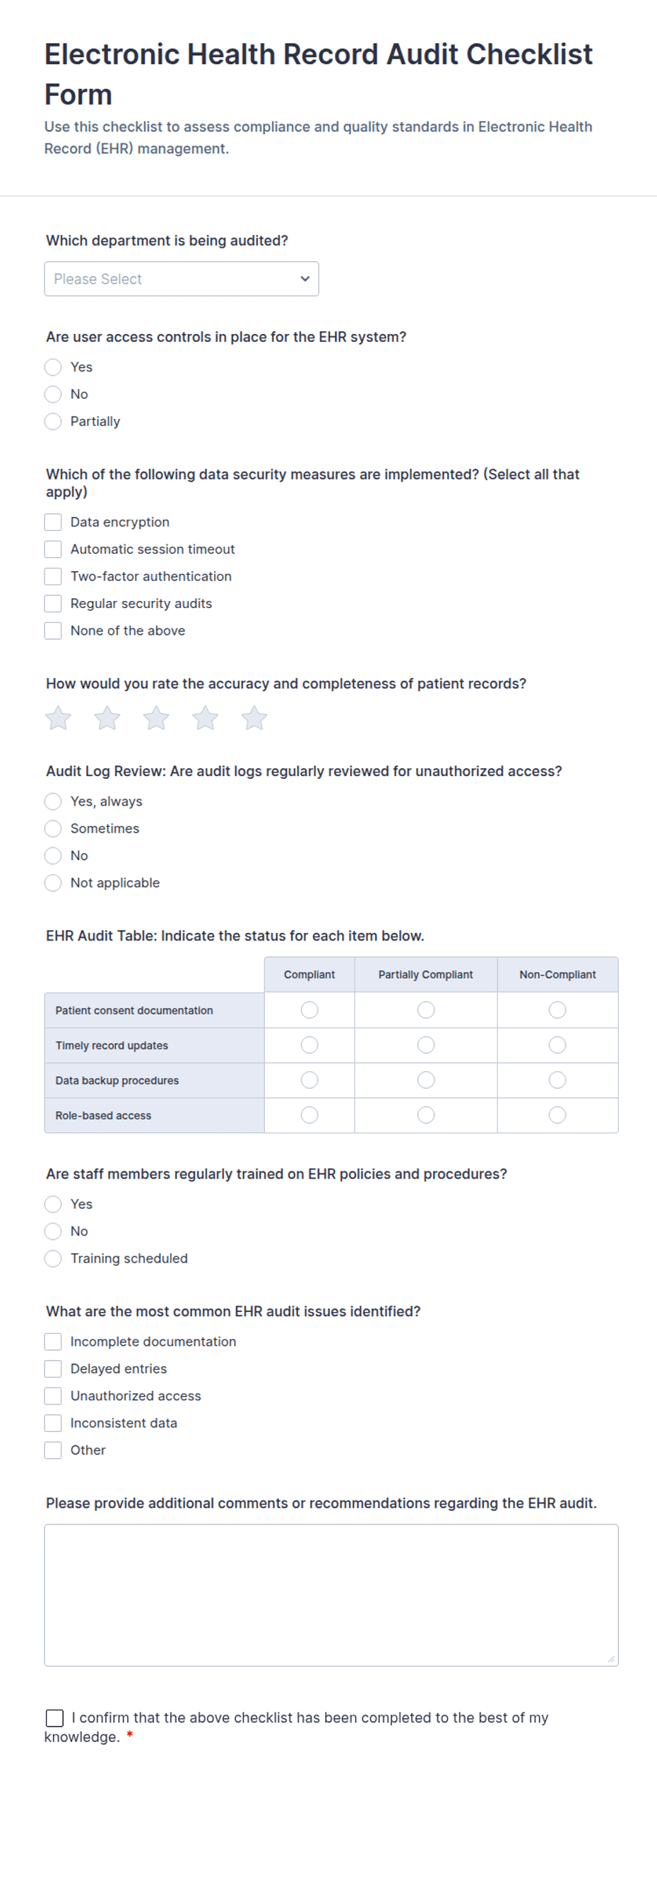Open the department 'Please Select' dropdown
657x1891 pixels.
(x=182, y=279)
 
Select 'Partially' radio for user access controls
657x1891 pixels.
(x=53, y=422)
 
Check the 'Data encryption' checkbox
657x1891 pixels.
(x=53, y=522)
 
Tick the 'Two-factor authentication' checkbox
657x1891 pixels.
(x=53, y=576)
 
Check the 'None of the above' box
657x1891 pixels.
(x=53, y=631)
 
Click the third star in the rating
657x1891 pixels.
(x=156, y=718)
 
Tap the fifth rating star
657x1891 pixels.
(x=254, y=718)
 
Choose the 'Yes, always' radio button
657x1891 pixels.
(x=53, y=801)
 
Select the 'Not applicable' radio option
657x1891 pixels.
(x=53, y=883)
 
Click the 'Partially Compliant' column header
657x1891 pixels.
(x=425, y=974)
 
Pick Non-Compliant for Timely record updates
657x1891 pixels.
(x=557, y=1044)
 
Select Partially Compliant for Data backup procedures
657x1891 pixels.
(x=426, y=1080)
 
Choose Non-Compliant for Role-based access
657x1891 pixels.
(x=557, y=1115)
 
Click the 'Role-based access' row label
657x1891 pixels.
(x=104, y=1115)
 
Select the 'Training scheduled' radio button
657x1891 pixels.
(x=53, y=1258)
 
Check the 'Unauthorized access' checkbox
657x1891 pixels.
(x=53, y=1395)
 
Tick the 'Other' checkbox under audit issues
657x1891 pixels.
(x=53, y=1450)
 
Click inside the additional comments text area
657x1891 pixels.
(x=331, y=1594)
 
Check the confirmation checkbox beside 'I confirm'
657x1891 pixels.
(x=54, y=1718)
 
